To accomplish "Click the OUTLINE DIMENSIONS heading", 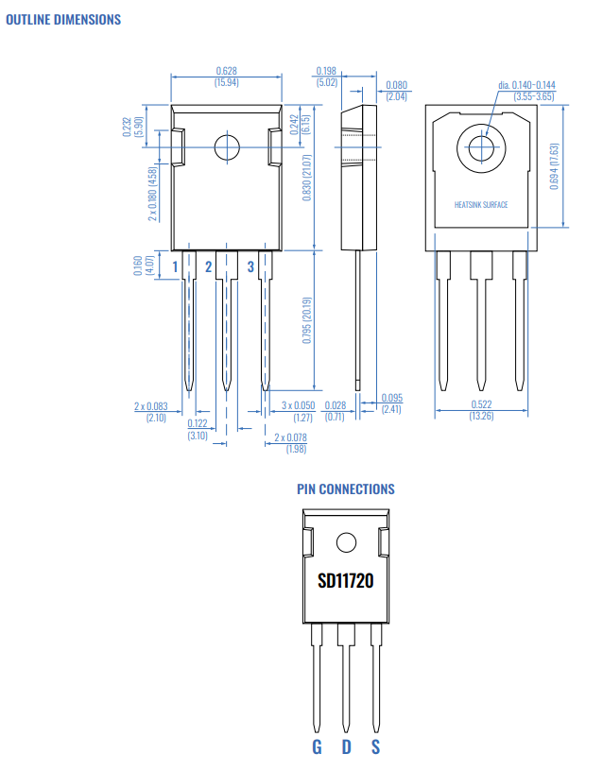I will [x=63, y=19].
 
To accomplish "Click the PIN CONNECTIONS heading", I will [x=345, y=488].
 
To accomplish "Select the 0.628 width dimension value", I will [x=227, y=71].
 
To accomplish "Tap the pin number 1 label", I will [x=175, y=267].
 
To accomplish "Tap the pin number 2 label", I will [x=209, y=267].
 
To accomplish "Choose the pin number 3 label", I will [x=250, y=267].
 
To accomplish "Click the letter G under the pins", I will [x=317, y=747].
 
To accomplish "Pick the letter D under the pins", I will [x=346, y=747].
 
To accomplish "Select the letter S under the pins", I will [x=375, y=747].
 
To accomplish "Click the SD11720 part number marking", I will [x=345, y=580].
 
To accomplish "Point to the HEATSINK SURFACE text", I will [x=481, y=205].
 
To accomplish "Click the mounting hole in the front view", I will [x=227, y=148].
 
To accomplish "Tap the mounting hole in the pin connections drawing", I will [x=346, y=542].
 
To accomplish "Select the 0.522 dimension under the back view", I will [x=481, y=404].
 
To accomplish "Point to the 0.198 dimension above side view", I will [x=326, y=71].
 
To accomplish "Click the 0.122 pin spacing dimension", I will [x=198, y=423].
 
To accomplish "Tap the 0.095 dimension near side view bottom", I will [x=391, y=398].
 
